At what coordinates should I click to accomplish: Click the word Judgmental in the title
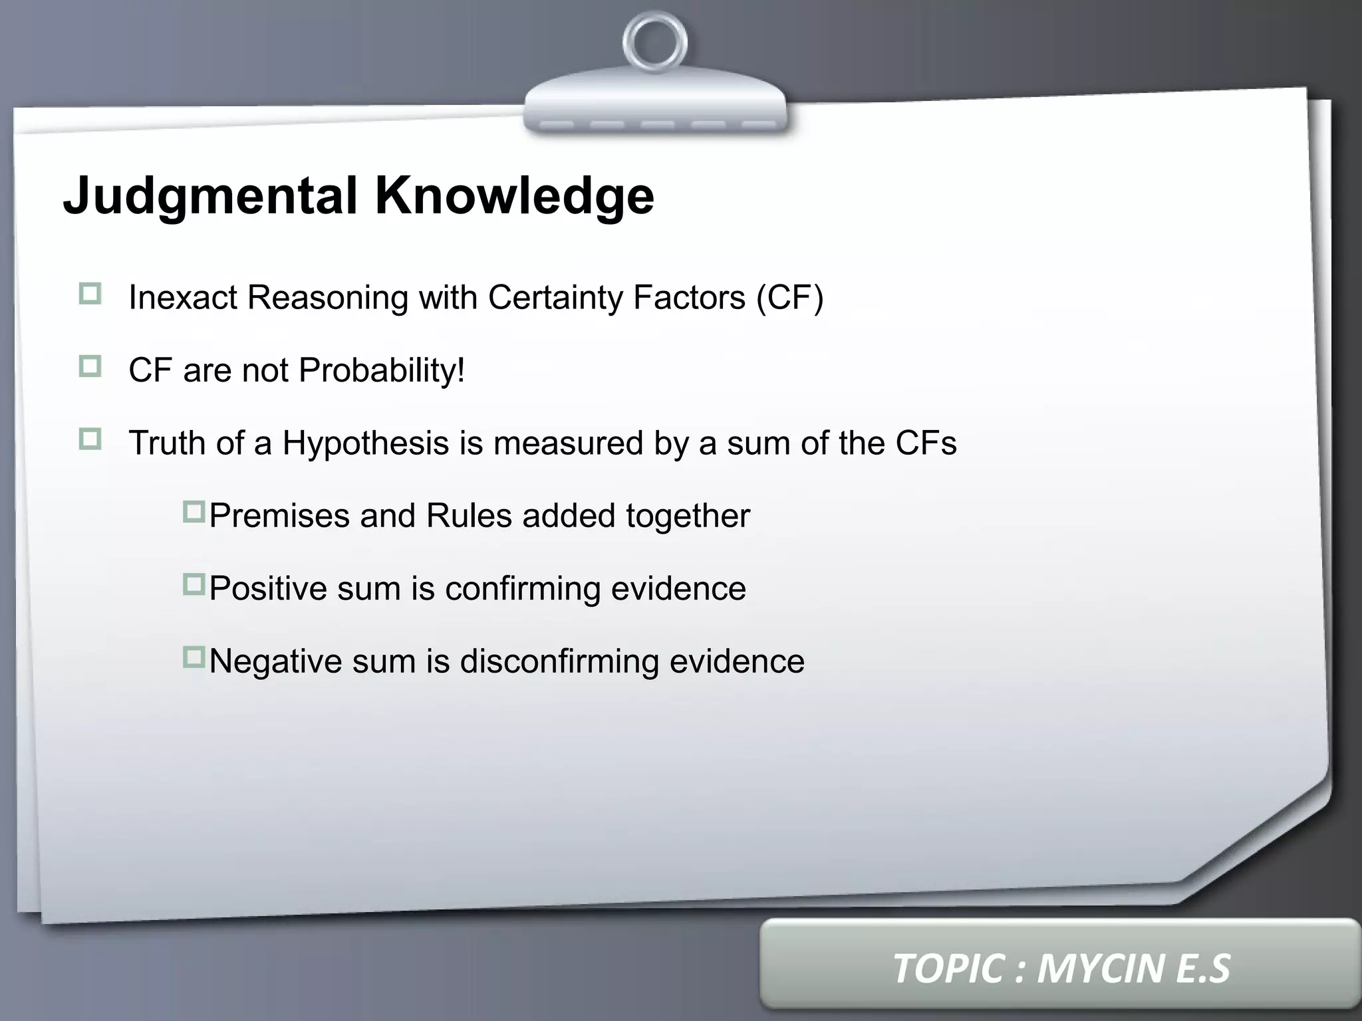(x=211, y=196)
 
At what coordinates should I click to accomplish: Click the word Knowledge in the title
(x=514, y=196)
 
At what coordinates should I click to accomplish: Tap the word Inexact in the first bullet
(x=182, y=297)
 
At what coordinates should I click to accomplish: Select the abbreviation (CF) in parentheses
(x=790, y=297)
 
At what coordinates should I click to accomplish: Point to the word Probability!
(x=382, y=370)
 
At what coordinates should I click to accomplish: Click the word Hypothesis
(x=366, y=443)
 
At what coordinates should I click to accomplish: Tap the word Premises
(x=279, y=516)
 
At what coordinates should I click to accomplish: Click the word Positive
(x=268, y=588)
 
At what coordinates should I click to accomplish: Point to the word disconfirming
(x=559, y=661)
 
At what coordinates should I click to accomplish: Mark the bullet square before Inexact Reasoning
(x=90, y=294)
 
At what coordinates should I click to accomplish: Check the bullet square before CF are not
(x=90, y=366)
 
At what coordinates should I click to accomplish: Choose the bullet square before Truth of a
(x=90, y=439)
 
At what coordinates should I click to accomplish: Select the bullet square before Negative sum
(x=194, y=657)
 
